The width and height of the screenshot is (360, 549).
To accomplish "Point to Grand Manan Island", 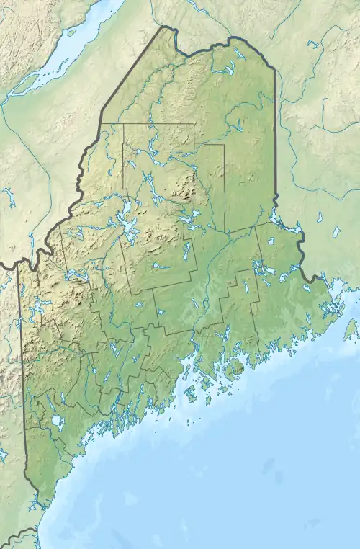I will point(350,329).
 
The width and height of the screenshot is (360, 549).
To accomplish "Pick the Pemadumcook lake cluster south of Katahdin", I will point(189,217).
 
